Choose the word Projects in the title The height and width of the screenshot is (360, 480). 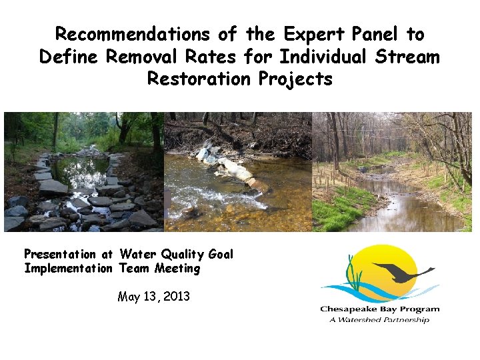tap(294, 79)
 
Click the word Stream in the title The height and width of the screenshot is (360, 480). tap(407, 57)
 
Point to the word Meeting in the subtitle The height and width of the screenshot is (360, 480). tap(177, 269)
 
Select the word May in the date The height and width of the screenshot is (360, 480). tap(129, 297)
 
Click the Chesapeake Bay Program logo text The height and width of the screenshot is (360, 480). tap(380, 309)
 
